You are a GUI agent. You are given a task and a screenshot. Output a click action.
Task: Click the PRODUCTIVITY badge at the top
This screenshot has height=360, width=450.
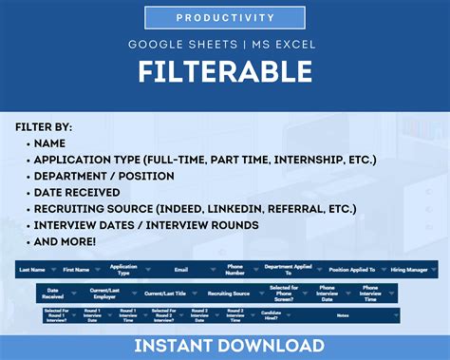[225, 18]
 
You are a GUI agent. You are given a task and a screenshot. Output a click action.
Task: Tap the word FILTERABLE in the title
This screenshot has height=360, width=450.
[225, 72]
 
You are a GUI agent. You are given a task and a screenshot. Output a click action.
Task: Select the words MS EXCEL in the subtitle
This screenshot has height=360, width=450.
[284, 45]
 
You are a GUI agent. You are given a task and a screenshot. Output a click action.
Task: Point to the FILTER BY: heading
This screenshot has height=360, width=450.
[44, 126]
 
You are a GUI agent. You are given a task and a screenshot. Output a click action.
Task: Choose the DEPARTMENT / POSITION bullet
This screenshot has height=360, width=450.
[103, 176]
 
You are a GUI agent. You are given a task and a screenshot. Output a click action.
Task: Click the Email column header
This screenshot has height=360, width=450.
[180, 270]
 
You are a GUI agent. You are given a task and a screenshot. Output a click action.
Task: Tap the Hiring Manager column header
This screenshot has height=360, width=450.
[408, 270]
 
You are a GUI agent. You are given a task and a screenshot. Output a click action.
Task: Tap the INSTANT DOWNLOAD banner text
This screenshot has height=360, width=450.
[225, 346]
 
